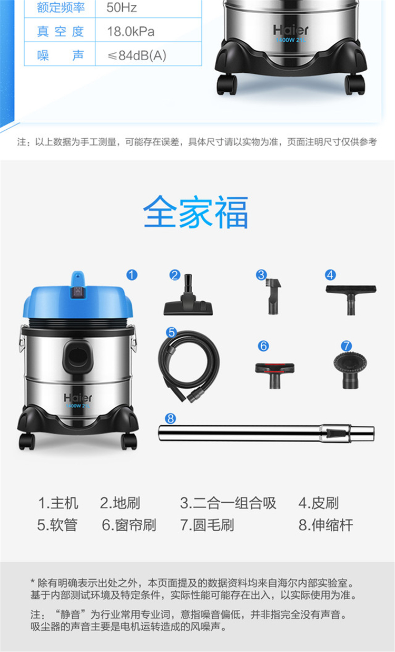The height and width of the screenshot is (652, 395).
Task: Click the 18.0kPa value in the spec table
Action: tap(131, 32)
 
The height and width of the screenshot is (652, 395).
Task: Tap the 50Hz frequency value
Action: tap(122, 7)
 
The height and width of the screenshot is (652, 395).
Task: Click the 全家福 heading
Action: tap(195, 212)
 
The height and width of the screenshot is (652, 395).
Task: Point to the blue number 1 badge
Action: tap(132, 275)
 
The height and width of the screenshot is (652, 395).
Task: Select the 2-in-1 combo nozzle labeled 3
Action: tap(274, 296)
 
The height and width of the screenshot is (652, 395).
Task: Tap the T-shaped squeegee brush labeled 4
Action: tap(351, 300)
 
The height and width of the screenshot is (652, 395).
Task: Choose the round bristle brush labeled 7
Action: tap(350, 370)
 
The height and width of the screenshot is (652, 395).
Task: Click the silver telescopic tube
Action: tap(266, 434)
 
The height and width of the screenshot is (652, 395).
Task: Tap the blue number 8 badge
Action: tap(170, 418)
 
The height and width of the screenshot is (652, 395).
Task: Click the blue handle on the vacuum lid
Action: tap(78, 279)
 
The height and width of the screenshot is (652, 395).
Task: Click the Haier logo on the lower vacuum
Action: tap(78, 398)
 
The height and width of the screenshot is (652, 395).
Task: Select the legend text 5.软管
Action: tap(57, 525)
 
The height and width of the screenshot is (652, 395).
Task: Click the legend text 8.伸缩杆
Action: tap(326, 525)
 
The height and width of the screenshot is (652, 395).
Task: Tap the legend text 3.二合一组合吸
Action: tap(228, 503)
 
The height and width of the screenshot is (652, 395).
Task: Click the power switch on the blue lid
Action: tap(78, 292)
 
